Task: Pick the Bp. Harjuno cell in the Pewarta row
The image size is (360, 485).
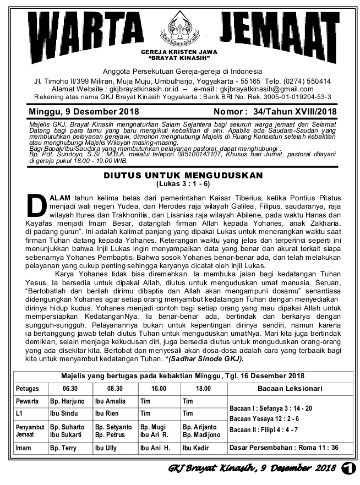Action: [67, 401]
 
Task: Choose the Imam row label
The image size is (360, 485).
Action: [24, 448]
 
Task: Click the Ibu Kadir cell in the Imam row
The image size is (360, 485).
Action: [195, 448]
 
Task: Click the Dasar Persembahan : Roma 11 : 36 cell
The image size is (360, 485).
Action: [283, 448]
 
